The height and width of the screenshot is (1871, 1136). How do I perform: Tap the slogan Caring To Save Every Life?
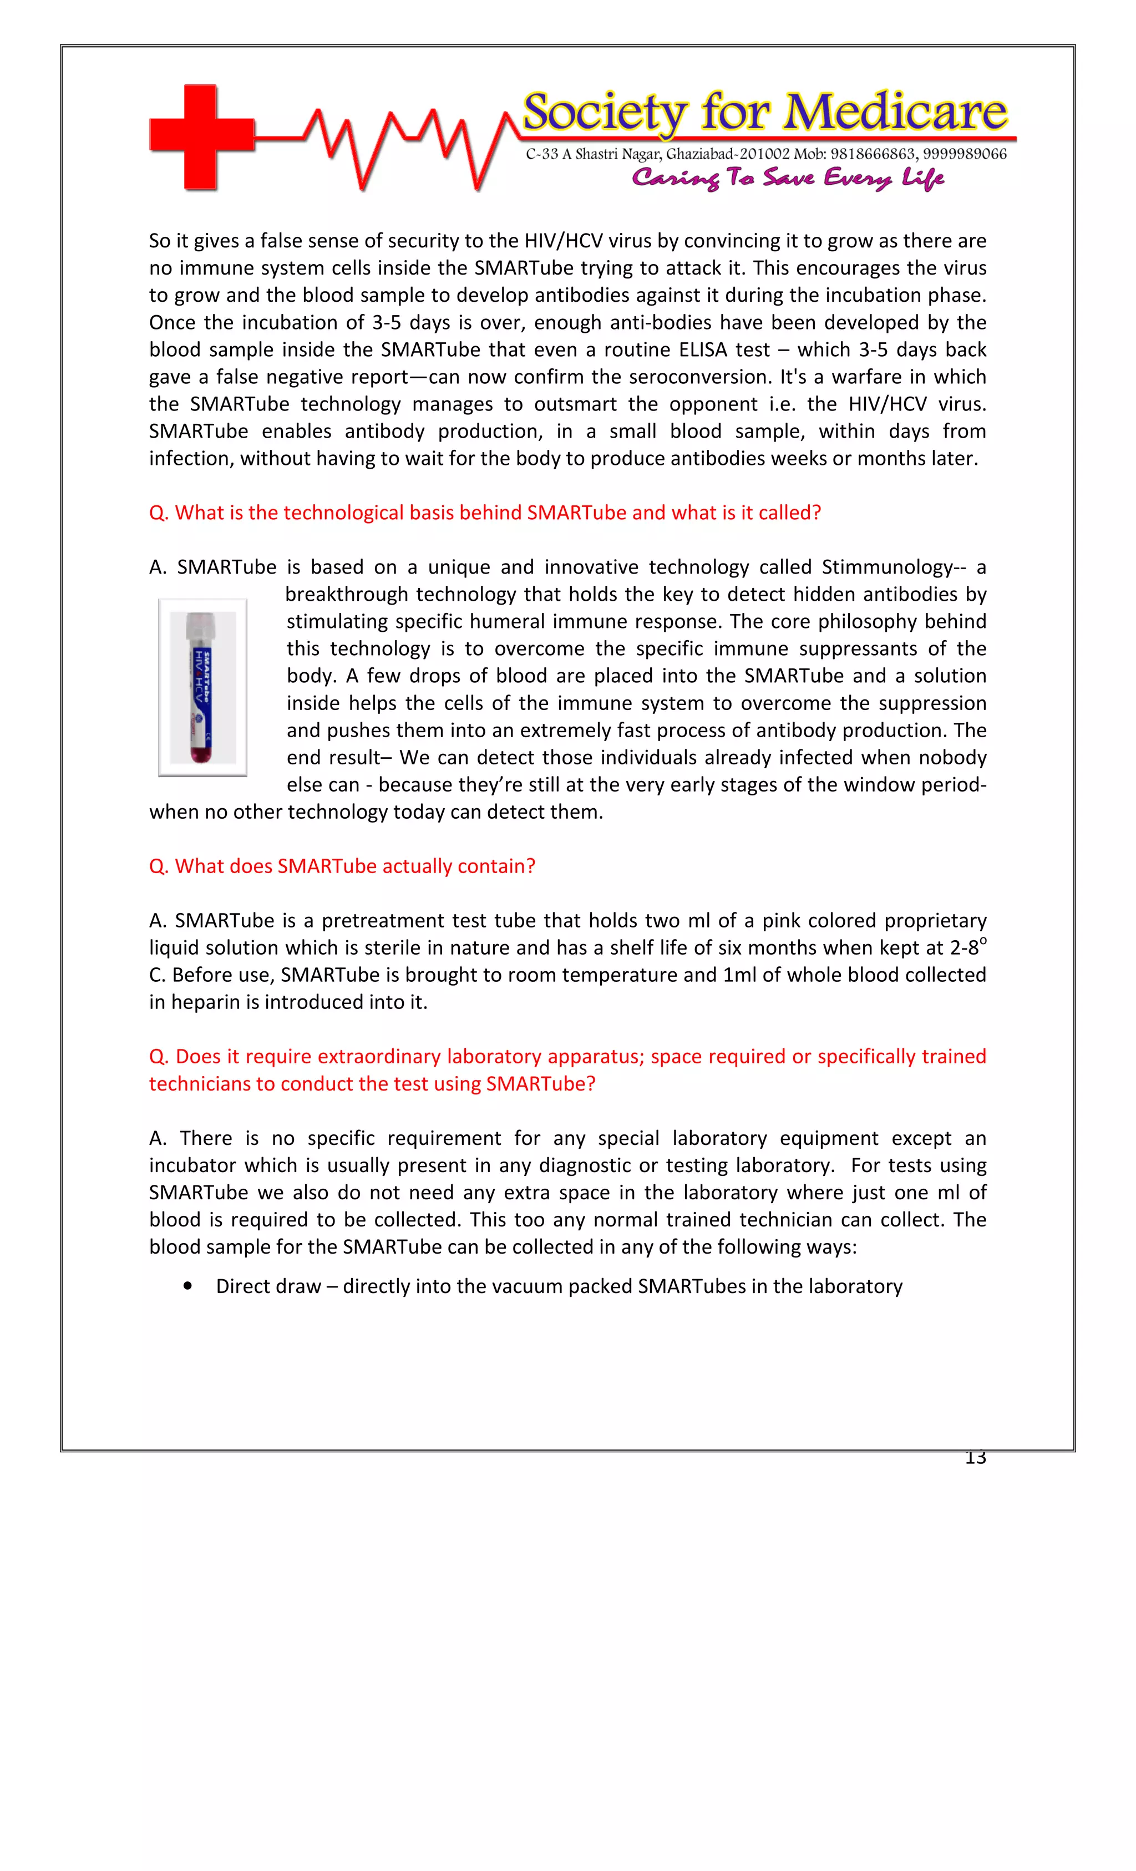pyautogui.click(x=788, y=179)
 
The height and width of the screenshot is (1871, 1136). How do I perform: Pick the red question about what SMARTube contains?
pyautogui.click(x=342, y=866)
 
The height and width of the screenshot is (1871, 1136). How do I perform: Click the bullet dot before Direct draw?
pyautogui.click(x=187, y=1286)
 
